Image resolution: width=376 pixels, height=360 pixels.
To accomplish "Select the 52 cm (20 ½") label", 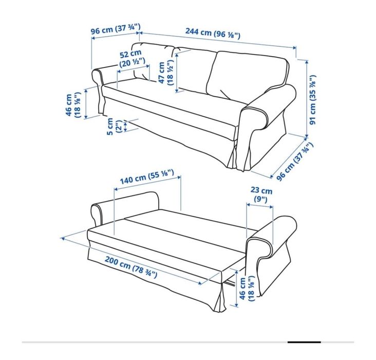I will pyautogui.click(x=131, y=58).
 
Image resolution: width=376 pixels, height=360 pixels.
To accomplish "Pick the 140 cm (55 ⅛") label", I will pyautogui.click(x=146, y=179).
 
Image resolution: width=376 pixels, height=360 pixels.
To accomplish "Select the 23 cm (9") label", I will pyautogui.click(x=261, y=195).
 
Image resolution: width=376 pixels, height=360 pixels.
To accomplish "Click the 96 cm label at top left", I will pyautogui.click(x=116, y=30).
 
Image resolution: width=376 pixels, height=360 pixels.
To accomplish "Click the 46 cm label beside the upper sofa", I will pyautogui.click(x=73, y=105).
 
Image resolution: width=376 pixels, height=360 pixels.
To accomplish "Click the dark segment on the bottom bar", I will pyautogui.click(x=304, y=341).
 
